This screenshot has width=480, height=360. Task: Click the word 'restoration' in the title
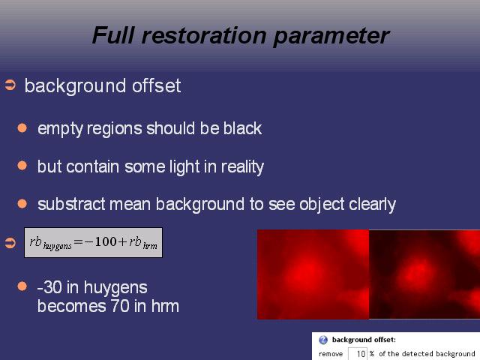point(204,35)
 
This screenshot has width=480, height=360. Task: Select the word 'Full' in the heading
point(113,35)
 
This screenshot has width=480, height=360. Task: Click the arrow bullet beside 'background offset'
point(10,85)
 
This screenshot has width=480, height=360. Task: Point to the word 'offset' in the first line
point(157,85)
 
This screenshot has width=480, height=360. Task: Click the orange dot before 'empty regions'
point(22,127)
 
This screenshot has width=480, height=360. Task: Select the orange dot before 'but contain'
point(22,166)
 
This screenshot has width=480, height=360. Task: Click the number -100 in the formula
point(100,241)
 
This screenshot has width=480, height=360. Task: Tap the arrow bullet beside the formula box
point(10,243)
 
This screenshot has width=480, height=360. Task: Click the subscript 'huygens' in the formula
point(57,246)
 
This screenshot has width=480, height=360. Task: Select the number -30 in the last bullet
point(49,287)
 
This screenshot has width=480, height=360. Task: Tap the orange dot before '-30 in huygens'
point(22,286)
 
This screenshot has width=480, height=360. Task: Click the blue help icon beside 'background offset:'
point(323,340)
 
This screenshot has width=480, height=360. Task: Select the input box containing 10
point(358,354)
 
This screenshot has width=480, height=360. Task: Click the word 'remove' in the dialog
point(331,354)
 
